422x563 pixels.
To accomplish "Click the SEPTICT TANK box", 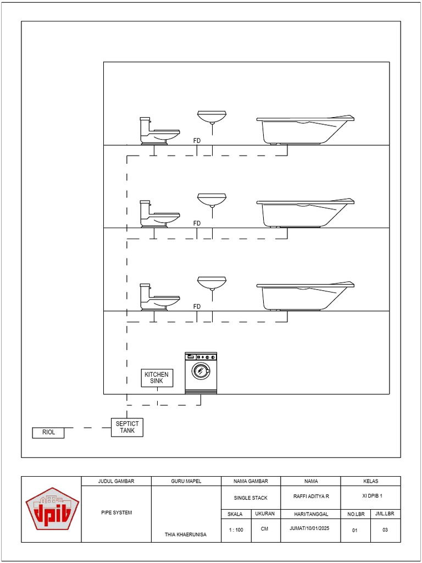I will (x=127, y=427).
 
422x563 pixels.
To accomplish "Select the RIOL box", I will (x=48, y=433).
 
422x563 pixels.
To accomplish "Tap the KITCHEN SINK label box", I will (x=157, y=378).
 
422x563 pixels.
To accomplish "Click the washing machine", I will (x=201, y=372).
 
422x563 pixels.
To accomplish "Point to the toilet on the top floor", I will (x=158, y=131).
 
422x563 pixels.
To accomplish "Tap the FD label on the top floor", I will (x=197, y=141).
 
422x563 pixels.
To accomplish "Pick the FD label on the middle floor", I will (x=197, y=223).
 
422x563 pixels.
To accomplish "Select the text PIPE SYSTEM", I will (x=116, y=512).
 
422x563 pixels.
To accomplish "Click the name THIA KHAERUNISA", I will (x=186, y=534).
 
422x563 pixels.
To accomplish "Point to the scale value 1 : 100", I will (x=236, y=530).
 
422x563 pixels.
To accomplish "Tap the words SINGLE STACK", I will (x=251, y=498).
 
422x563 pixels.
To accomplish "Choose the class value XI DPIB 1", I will (x=370, y=496).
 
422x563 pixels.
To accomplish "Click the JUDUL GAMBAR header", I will (x=116, y=481).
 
